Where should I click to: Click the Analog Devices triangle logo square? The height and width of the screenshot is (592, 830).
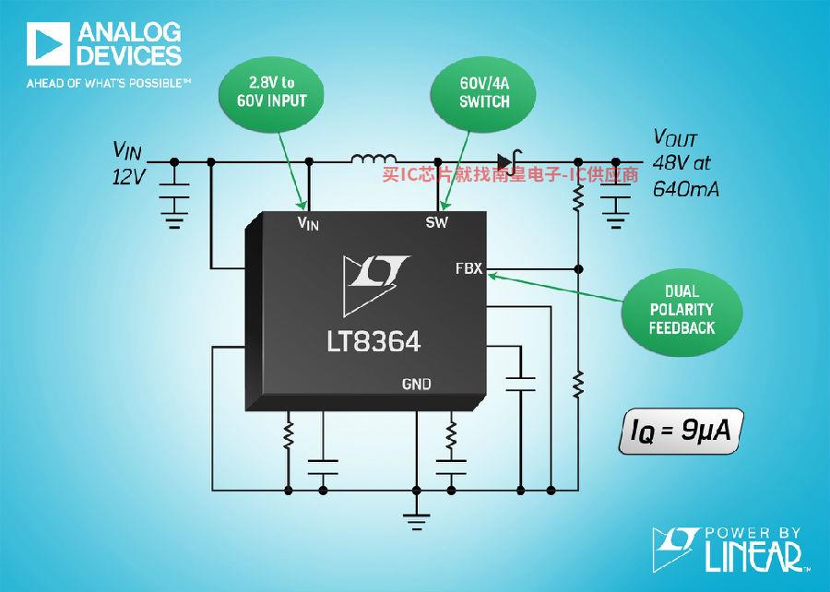coord(48,44)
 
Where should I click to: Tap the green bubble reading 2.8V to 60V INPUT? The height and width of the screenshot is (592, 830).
coord(271,94)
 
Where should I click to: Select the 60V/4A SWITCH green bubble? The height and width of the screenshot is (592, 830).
coord(483,94)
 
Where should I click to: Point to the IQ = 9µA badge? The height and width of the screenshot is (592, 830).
coord(682,431)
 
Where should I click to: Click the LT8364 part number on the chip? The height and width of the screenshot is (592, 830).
coord(373,341)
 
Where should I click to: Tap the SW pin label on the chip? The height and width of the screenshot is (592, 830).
coord(437,222)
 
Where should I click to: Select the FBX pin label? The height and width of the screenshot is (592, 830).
coord(469,268)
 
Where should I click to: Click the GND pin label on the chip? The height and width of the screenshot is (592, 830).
coord(417,385)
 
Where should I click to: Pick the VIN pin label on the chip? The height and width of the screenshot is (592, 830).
coord(308,223)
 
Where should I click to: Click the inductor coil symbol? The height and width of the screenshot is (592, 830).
coord(373,158)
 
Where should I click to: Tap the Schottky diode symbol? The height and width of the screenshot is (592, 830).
coord(509,162)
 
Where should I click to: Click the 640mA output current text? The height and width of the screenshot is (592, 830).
coord(686,189)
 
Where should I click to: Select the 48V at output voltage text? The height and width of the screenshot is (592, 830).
coord(682,162)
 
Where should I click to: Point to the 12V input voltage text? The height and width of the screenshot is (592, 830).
coord(128,177)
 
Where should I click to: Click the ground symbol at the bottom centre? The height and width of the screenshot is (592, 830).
coord(417,521)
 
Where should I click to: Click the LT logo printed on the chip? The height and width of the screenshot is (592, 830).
coord(374,284)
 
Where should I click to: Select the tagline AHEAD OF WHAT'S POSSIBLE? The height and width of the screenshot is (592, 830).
coord(109,83)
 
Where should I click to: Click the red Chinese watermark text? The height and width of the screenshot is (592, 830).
coord(510,174)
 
